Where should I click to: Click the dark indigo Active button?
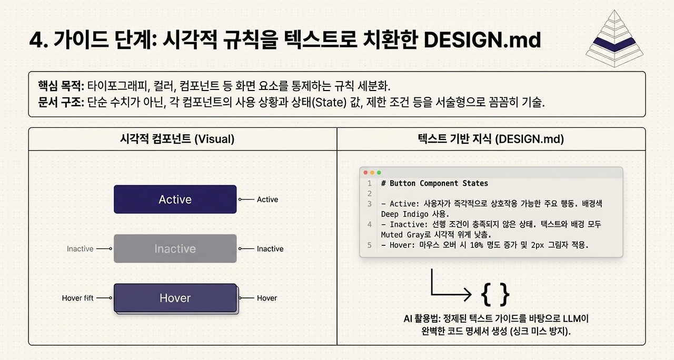pyautogui.click(x=175, y=199)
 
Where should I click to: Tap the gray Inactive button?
pyautogui.click(x=175, y=248)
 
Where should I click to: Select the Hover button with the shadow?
pyautogui.click(x=176, y=298)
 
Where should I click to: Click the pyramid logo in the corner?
pyautogui.click(x=614, y=38)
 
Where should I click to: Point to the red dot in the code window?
pyautogui.click(x=365, y=173)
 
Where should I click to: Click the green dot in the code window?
pyautogui.click(x=379, y=173)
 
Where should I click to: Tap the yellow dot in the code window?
pyautogui.click(x=372, y=173)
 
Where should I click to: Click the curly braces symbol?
pyautogui.click(x=495, y=294)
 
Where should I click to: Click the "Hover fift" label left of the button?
pyautogui.click(x=77, y=298)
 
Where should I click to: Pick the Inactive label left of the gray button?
pyautogui.click(x=80, y=249)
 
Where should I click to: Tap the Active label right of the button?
pyautogui.click(x=267, y=199)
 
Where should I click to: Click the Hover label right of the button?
pyautogui.click(x=267, y=298)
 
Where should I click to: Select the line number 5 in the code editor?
pyautogui.click(x=370, y=245)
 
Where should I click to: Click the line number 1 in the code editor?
pyautogui.click(x=370, y=184)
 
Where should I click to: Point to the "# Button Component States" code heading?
pyautogui.click(x=434, y=183)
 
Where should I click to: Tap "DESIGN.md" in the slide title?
pyautogui.click(x=482, y=39)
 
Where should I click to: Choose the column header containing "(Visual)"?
pyautogui.click(x=177, y=139)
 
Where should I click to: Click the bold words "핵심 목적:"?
pyautogui.click(x=61, y=86)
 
